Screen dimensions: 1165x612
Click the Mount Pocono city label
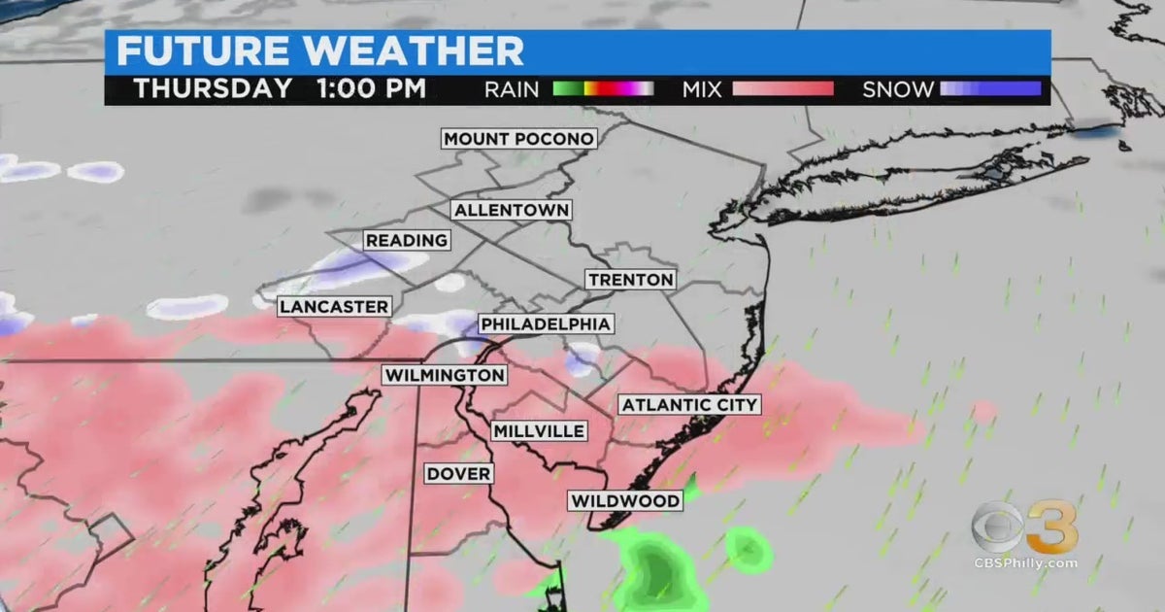(x=518, y=139)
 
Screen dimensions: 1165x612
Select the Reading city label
(x=407, y=240)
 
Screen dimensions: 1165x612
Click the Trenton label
(x=630, y=280)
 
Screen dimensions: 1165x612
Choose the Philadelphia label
(x=546, y=324)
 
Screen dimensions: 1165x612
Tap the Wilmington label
(x=445, y=375)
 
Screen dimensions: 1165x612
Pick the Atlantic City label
(x=689, y=404)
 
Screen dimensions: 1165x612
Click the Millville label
(x=539, y=430)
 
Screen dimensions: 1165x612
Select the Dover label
(x=459, y=474)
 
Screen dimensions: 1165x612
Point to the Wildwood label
(x=624, y=501)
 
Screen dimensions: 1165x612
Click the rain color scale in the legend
(x=603, y=89)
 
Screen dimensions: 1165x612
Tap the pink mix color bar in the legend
(x=782, y=89)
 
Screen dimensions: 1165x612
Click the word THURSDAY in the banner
(x=213, y=88)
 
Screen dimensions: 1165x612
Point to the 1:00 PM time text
(x=371, y=88)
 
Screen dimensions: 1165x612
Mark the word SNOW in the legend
(x=898, y=89)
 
